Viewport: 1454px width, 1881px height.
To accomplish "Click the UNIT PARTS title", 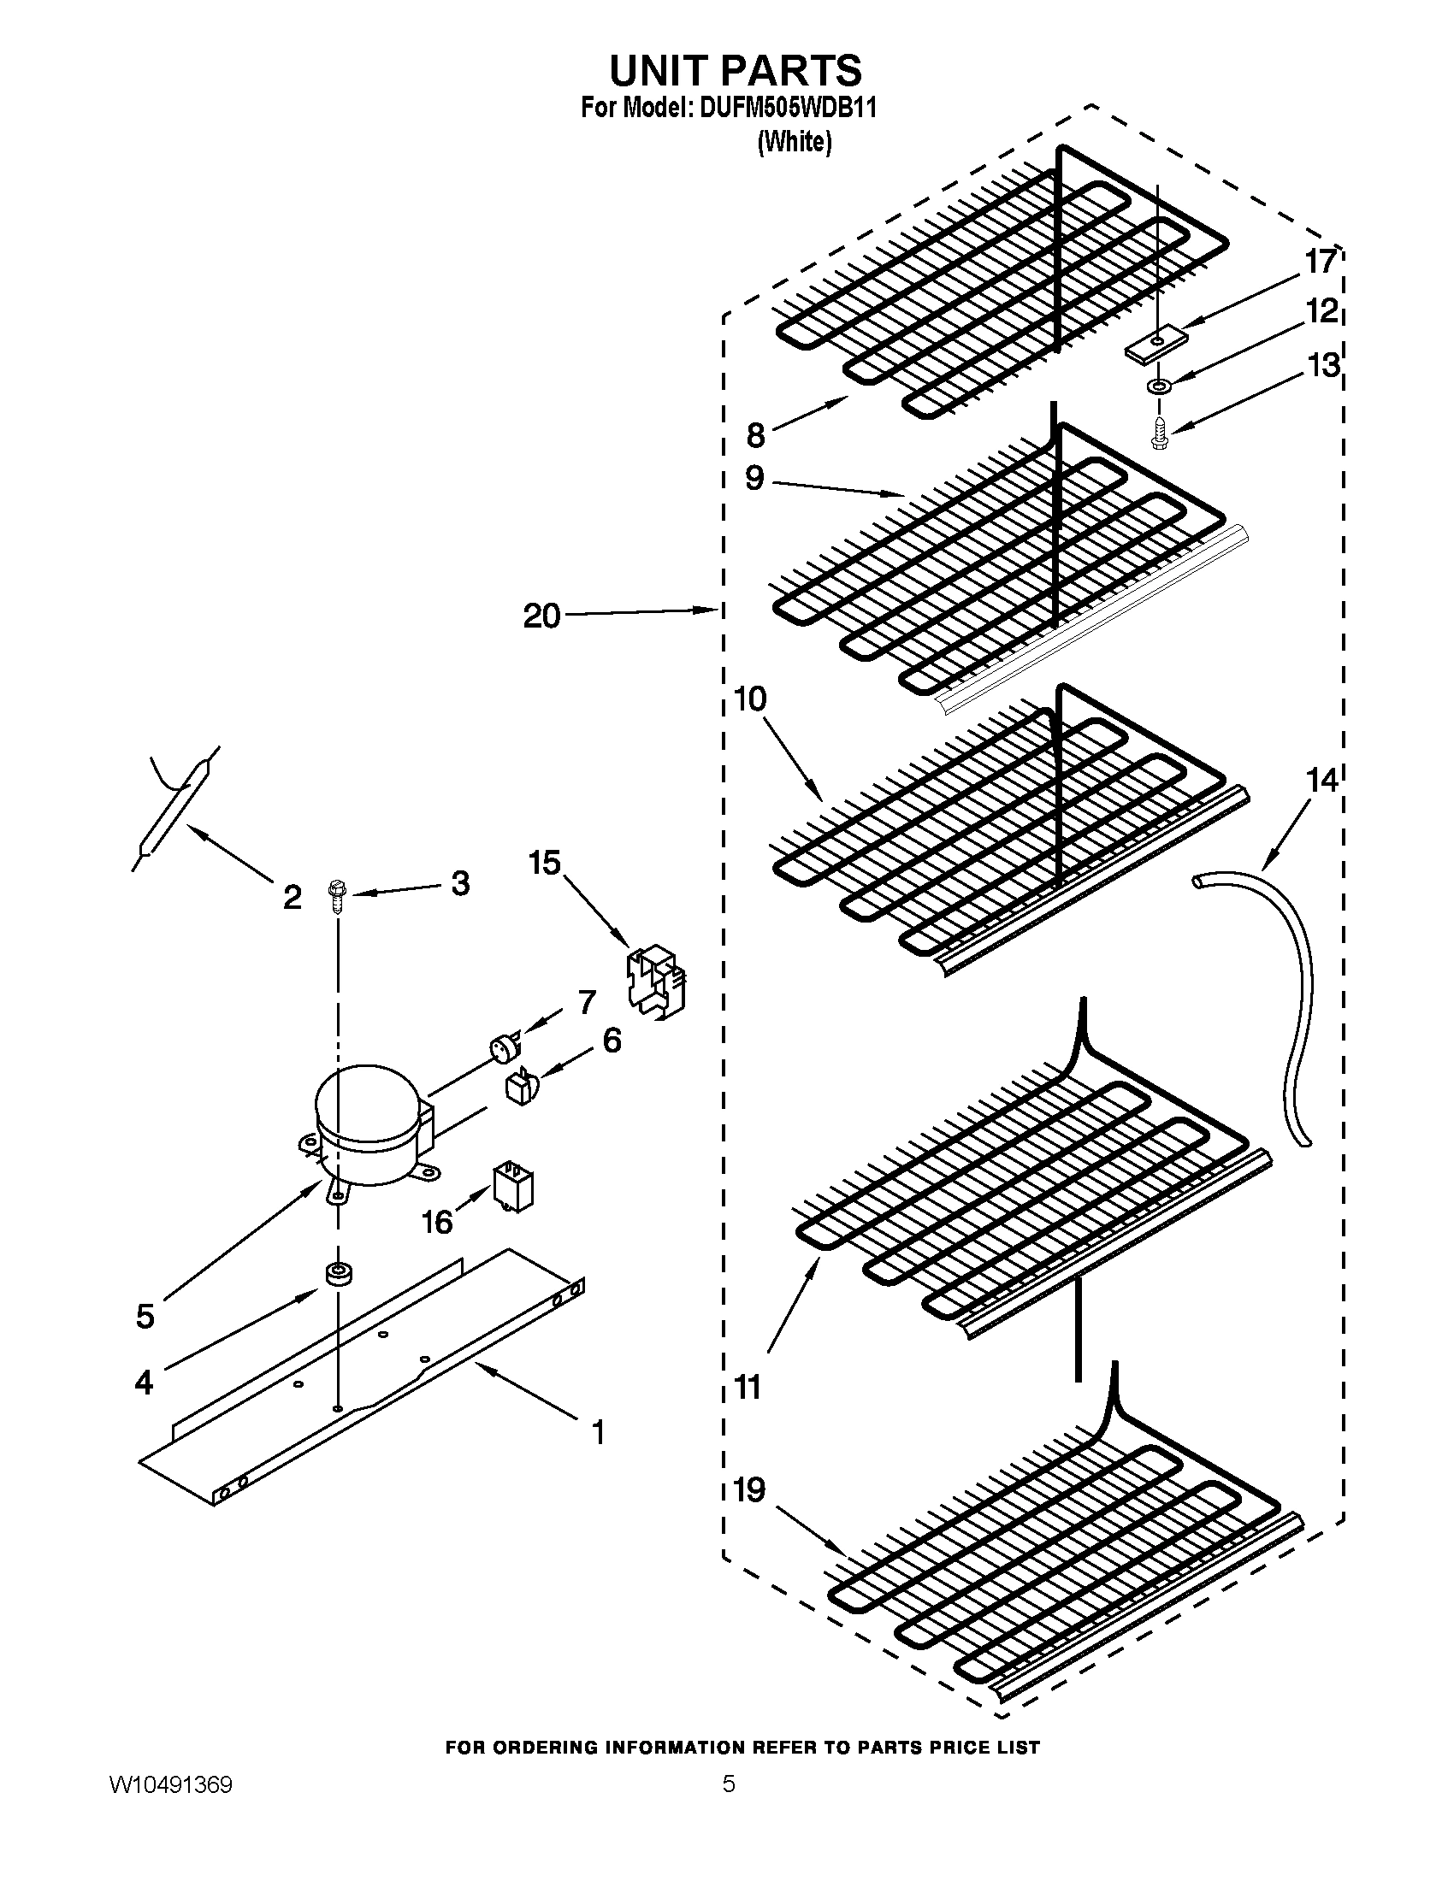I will click(736, 71).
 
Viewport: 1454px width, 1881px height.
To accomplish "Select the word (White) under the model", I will click(795, 142).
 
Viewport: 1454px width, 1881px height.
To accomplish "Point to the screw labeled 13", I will click(1160, 433).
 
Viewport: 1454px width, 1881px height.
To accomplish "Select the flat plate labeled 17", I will click(1150, 346).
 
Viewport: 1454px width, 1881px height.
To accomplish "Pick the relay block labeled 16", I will click(512, 1188).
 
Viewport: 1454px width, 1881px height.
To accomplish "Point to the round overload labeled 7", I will click(499, 1049).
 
